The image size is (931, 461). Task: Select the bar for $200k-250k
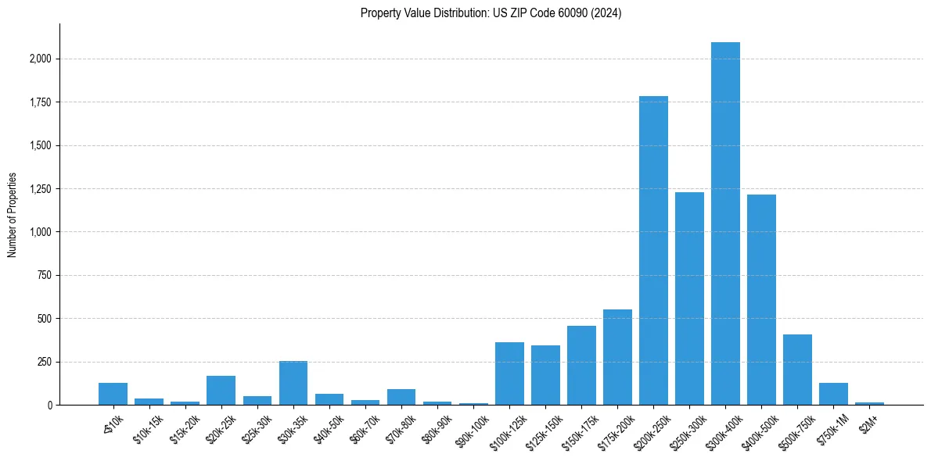coord(653,250)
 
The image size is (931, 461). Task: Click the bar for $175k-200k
coord(617,357)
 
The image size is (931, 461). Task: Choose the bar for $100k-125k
coord(509,373)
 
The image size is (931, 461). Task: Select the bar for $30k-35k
coord(293,383)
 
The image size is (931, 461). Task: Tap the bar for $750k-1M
coord(833,394)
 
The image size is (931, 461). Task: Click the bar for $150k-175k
coord(581,365)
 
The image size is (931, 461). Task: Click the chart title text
coord(491,13)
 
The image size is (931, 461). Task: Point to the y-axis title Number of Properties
coord(13,214)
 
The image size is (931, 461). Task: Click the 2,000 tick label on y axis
coord(41,59)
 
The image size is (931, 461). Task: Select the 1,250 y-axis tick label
coord(41,189)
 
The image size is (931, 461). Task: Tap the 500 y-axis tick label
coord(45,319)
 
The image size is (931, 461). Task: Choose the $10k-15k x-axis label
coord(147,425)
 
